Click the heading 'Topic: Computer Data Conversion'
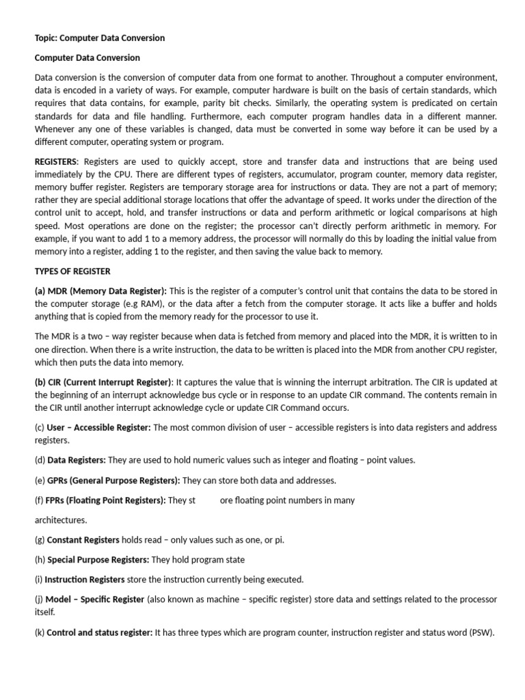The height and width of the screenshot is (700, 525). click(100, 38)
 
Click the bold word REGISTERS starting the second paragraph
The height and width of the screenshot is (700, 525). click(56, 161)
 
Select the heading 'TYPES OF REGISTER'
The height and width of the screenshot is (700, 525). click(72, 271)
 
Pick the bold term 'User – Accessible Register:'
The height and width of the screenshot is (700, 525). click(98, 428)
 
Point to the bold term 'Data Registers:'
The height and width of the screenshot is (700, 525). click(76, 461)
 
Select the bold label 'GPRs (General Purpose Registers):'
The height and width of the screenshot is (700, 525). click(113, 481)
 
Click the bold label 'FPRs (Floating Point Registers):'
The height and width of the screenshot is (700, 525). click(107, 500)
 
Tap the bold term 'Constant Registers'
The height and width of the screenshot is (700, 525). click(83, 540)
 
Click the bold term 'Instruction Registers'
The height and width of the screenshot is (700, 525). click(85, 580)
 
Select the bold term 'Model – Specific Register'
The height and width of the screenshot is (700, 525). click(95, 600)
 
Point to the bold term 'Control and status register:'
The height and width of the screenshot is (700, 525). click(99, 633)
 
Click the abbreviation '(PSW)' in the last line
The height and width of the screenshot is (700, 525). click(480, 633)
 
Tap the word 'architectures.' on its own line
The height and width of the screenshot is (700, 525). click(61, 520)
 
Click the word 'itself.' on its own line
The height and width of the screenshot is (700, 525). click(45, 612)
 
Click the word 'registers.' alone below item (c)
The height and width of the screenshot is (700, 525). click(52, 441)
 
